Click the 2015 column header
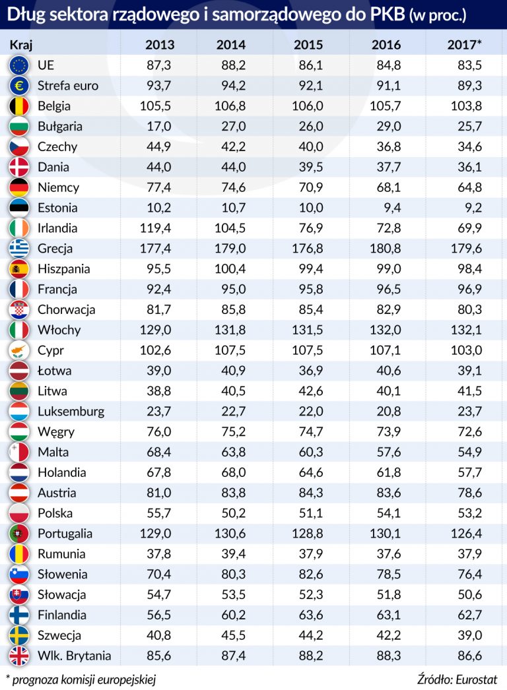(308, 45)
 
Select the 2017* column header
(464, 45)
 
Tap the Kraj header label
(21, 45)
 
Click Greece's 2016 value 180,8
(386, 249)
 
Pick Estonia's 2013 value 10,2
(158, 208)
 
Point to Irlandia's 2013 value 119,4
(156, 228)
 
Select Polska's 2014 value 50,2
(233, 513)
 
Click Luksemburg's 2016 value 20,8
(388, 411)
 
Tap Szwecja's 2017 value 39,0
(468, 635)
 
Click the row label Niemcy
(58, 187)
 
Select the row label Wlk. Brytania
(75, 656)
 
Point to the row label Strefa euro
(68, 85)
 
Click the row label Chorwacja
(67, 309)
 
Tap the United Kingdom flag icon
(18, 656)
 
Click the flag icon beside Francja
(18, 289)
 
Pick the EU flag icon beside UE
(18, 65)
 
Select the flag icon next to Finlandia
(18, 615)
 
